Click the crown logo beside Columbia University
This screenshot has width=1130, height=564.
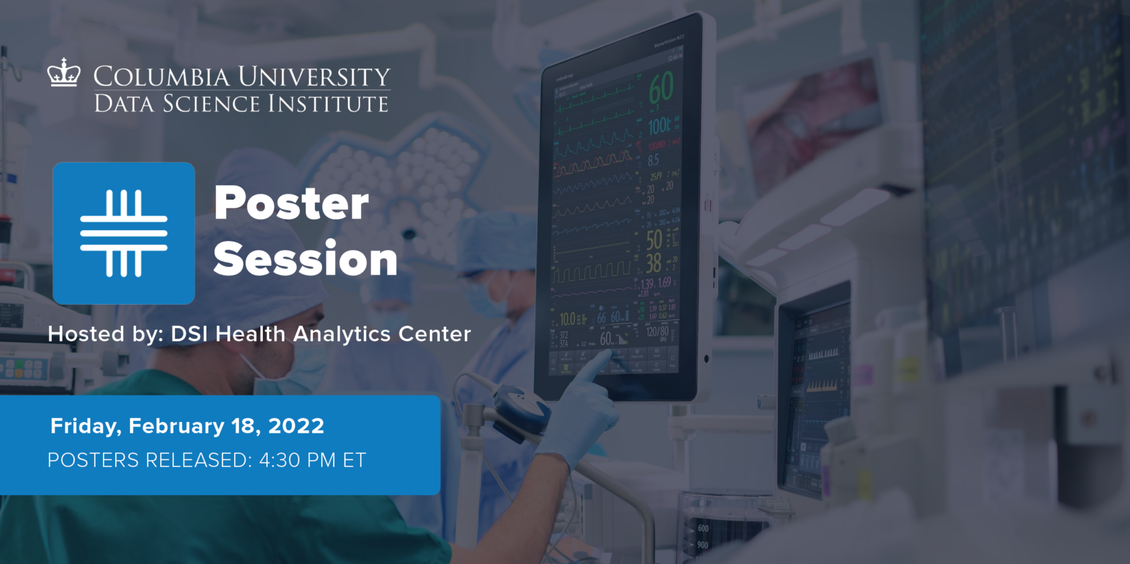coord(64,73)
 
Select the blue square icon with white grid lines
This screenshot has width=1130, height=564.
coord(124,233)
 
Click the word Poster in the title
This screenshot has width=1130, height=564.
coord(291,203)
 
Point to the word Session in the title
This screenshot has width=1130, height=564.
coord(305,259)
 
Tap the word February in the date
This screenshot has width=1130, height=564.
coord(176,426)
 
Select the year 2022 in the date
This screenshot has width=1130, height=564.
coord(296,426)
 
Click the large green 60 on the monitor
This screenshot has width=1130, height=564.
coord(661,88)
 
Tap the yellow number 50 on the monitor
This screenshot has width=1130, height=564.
coord(654,240)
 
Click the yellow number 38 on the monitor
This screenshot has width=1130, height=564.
coord(653,263)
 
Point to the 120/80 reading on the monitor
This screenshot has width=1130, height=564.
coord(656,331)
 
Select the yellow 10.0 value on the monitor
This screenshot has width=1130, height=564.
coord(568,318)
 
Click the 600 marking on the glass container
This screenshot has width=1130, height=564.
coord(703,528)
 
